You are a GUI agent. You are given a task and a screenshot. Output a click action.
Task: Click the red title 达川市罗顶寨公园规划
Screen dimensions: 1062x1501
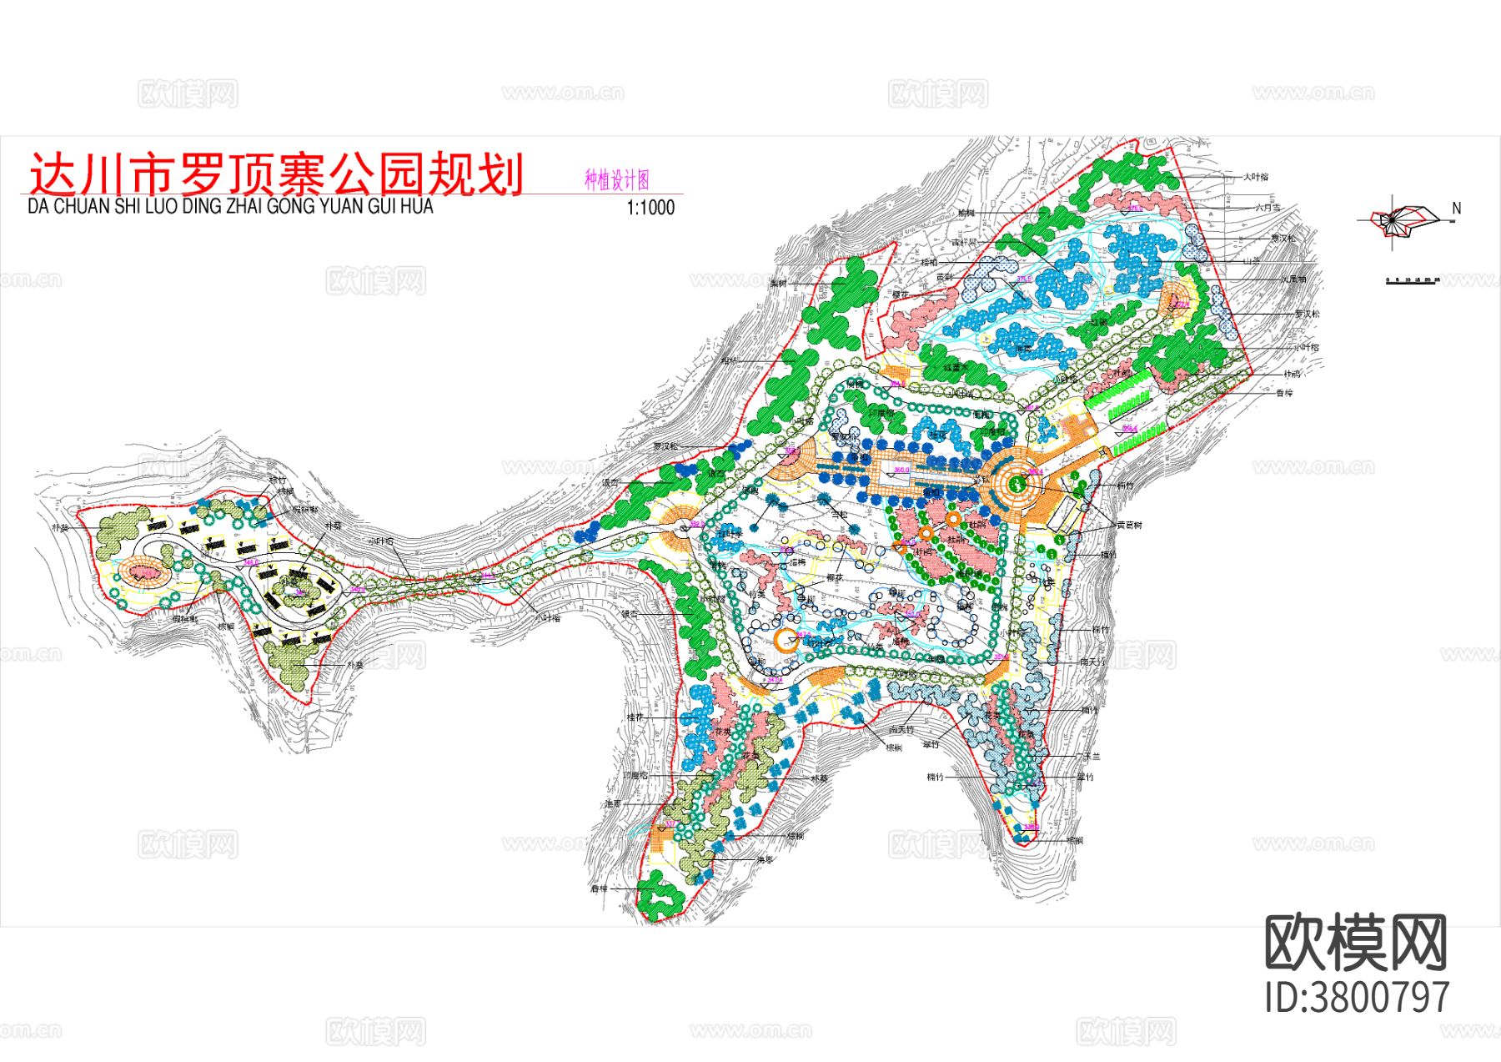pos(276,174)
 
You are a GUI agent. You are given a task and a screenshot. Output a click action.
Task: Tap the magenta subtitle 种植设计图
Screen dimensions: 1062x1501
pos(616,180)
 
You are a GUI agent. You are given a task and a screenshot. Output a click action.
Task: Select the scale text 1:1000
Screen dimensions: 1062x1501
pos(650,208)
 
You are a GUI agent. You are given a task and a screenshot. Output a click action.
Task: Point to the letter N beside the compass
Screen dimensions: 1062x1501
pos(1456,209)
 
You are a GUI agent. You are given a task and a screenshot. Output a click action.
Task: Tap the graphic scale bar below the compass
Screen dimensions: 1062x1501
pos(1411,280)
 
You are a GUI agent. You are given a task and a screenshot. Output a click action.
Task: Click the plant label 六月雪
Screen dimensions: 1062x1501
pos(1267,208)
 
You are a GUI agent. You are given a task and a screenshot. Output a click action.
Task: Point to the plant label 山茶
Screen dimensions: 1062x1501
pos(1251,261)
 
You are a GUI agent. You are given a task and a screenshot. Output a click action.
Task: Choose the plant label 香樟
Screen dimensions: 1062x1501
pos(1284,393)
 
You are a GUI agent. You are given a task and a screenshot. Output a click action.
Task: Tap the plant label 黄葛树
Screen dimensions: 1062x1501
pos(1129,526)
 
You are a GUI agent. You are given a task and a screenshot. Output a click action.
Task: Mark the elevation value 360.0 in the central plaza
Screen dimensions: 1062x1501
pos(901,470)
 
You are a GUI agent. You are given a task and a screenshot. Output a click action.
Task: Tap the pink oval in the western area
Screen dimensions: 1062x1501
pos(144,572)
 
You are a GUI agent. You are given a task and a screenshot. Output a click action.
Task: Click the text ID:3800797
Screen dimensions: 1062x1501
pos(1357,998)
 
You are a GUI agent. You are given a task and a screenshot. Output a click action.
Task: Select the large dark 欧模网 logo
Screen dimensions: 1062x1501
pos(1356,943)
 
